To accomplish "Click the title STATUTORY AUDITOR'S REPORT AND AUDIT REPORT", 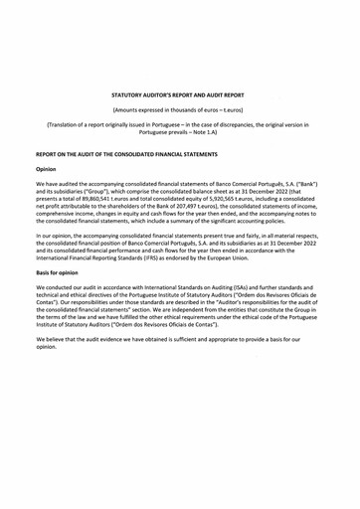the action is pos(180,96).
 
